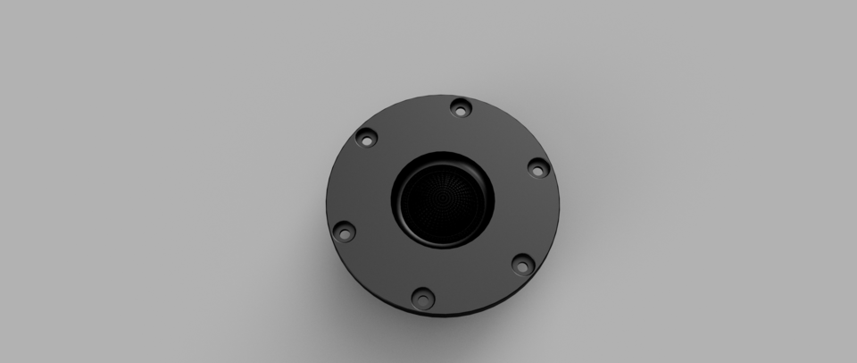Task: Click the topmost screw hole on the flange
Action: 460,108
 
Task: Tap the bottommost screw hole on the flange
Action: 420,295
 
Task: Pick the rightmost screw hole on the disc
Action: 537,167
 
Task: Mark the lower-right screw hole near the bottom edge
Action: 522,264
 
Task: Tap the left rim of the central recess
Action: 394,198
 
